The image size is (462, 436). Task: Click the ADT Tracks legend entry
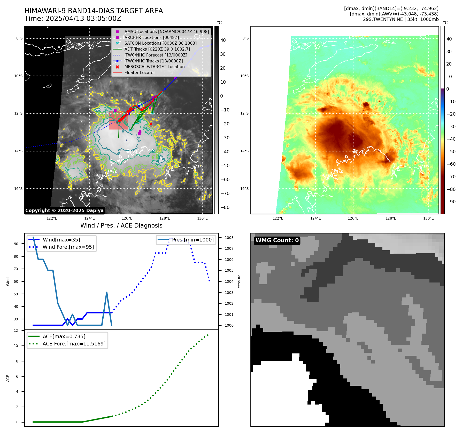(157, 49)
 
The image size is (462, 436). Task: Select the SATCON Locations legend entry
(160, 43)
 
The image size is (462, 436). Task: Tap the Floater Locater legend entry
(140, 72)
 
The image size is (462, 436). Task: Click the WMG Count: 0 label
(277, 240)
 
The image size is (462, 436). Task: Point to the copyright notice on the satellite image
(64, 211)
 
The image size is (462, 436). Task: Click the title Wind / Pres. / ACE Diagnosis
(121, 225)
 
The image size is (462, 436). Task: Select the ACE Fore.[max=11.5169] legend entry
(74, 344)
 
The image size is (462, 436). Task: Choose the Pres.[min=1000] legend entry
(193, 240)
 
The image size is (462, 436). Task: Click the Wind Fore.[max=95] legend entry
(68, 247)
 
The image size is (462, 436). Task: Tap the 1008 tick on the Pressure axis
(229, 238)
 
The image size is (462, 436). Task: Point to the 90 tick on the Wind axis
(16, 244)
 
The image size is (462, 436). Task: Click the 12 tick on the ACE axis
(16, 330)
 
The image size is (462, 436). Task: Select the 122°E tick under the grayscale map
(52, 218)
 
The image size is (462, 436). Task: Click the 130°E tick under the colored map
(428, 218)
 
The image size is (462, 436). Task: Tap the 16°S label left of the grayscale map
(18, 189)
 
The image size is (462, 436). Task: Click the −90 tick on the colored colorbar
(451, 202)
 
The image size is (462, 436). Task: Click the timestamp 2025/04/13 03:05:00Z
(83, 19)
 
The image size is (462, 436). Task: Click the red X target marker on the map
(151, 124)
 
